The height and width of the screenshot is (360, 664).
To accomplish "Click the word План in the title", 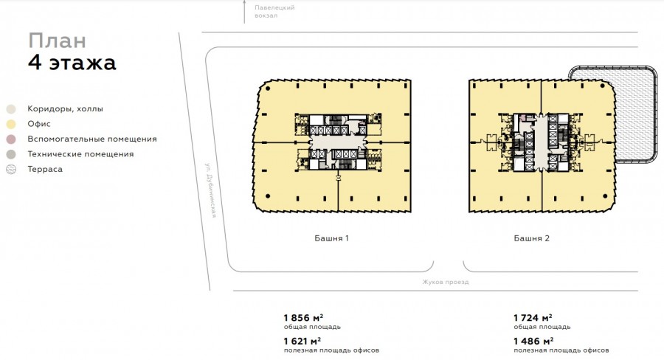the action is tap(57, 41).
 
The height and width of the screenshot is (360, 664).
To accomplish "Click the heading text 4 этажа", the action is tap(72, 62).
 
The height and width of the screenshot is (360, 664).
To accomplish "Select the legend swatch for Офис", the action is tap(11, 124).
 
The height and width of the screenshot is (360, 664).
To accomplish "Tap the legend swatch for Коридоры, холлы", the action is tap(11, 109).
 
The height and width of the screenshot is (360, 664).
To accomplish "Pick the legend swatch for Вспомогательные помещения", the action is tap(11, 139).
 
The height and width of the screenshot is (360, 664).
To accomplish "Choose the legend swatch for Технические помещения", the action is tap(11, 155).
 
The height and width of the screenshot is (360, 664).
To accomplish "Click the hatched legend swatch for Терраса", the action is tap(11, 170).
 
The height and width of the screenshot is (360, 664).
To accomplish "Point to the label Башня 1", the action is tap(331, 238).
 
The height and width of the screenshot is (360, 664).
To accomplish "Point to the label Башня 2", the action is tap(531, 238).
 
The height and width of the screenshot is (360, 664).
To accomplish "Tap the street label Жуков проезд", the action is tap(446, 282).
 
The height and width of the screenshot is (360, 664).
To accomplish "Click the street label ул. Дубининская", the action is tap(211, 190).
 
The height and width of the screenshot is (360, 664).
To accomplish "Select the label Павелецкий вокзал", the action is tap(274, 12).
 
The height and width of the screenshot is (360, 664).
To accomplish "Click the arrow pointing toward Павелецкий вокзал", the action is tap(244, 12).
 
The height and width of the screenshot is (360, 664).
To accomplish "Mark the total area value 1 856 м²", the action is tap(304, 318).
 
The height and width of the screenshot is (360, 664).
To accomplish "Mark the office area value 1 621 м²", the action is tap(302, 341).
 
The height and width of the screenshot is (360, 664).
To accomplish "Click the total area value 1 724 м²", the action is tap(533, 318).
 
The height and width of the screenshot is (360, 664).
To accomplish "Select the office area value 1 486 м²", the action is tap(533, 341).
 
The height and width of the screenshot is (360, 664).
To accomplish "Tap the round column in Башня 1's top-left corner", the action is tap(268, 89).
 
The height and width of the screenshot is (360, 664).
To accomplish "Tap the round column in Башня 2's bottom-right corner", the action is tap(605, 196).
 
